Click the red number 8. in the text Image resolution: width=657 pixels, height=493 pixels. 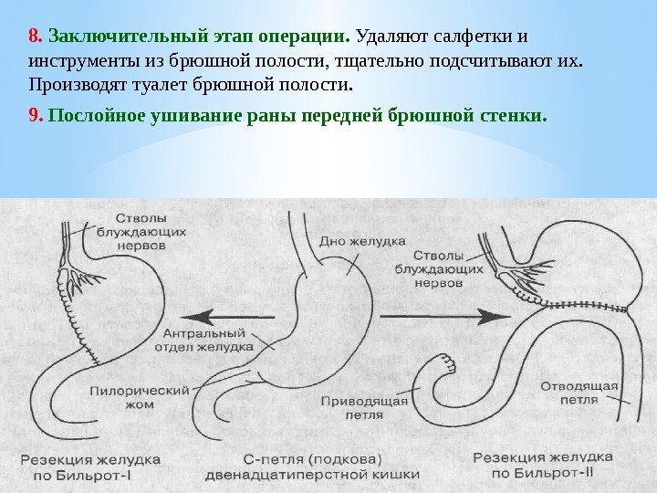(x=36, y=37)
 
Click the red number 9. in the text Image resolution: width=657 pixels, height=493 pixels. (x=36, y=117)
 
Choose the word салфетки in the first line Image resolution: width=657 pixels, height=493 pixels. (x=468, y=37)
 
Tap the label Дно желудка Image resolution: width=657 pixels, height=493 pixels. (x=360, y=242)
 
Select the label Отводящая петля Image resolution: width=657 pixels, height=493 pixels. (x=578, y=392)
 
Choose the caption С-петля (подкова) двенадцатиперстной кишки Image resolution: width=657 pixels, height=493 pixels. (x=312, y=466)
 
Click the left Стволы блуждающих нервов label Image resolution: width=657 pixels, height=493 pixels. (x=151, y=232)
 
